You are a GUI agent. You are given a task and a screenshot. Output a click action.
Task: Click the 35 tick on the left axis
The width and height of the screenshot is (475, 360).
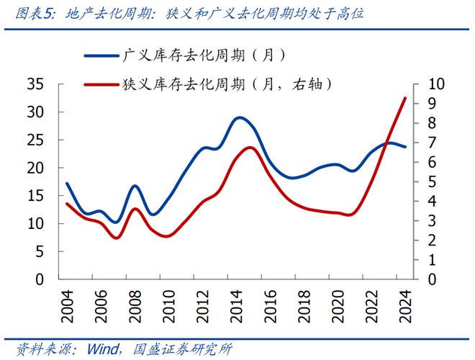[x=36, y=84]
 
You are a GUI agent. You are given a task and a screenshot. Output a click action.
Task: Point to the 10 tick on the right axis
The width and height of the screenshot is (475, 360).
[x=437, y=84]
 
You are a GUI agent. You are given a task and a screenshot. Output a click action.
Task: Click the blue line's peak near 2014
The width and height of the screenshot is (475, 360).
[x=239, y=117]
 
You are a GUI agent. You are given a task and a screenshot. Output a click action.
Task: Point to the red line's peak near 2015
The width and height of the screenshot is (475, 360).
[x=250, y=147]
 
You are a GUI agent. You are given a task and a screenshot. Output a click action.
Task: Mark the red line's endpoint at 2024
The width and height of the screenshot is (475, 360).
[x=405, y=98]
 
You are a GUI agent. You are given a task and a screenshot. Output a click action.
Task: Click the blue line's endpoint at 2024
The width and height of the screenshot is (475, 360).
[x=405, y=147]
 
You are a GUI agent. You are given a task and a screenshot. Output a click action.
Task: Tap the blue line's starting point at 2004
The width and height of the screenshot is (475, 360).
[x=67, y=184]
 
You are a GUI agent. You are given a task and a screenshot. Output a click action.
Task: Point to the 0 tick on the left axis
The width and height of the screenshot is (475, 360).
[x=41, y=279]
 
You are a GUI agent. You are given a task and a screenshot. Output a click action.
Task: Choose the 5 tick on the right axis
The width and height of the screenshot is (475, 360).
[x=432, y=181]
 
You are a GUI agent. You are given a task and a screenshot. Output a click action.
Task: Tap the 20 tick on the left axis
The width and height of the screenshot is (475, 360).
[x=36, y=168]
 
